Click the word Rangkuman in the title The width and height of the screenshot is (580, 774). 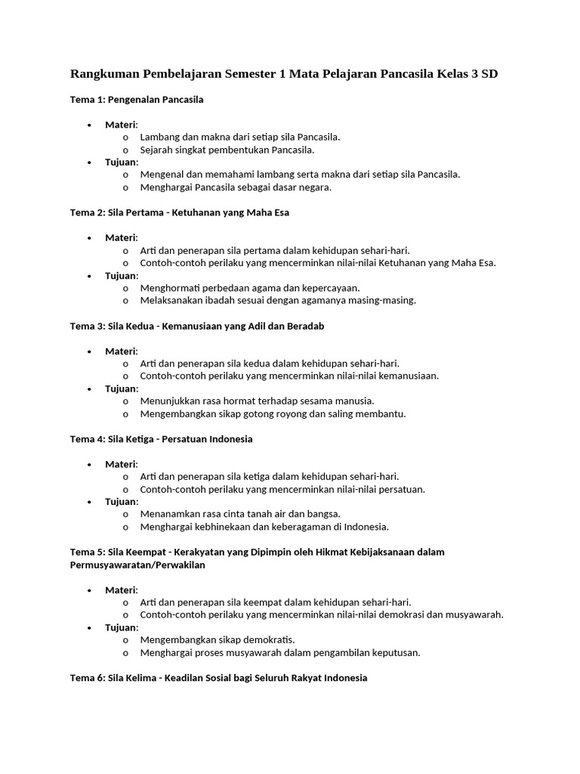tap(105, 74)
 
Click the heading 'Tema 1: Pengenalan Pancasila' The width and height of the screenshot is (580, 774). tap(137, 100)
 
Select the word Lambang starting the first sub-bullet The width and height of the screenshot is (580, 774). tap(160, 137)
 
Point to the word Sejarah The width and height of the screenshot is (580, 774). tap(157, 150)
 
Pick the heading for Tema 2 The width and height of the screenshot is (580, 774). tap(180, 212)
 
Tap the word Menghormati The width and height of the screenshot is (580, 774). tap(169, 288)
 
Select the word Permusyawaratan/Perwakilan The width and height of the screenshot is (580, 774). tap(137, 565)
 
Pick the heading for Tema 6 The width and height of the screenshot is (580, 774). tap(219, 678)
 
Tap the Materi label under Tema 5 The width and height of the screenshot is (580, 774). tap(121, 590)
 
